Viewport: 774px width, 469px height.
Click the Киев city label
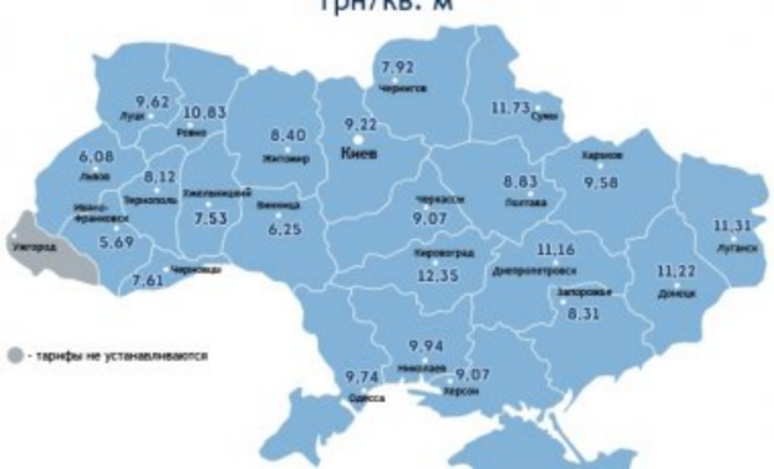click(358, 154)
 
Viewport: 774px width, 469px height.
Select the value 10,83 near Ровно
click(203, 113)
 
